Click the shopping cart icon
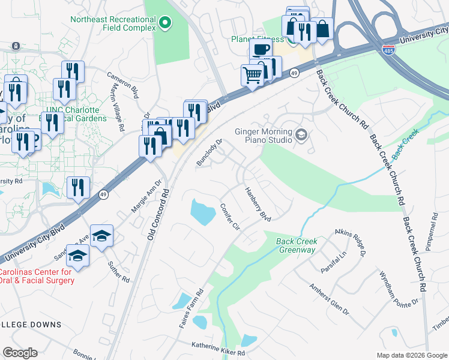click(x=253, y=76)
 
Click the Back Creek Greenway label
click(x=296, y=245)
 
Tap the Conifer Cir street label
click(x=230, y=217)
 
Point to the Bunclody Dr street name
click(x=209, y=152)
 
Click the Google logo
click(x=20, y=353)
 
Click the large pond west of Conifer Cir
click(x=202, y=212)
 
